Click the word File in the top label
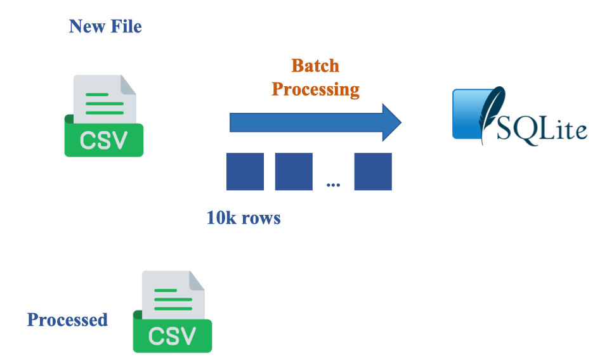pyautogui.click(x=124, y=27)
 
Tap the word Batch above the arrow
pyautogui.click(x=315, y=66)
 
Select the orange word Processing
pyautogui.click(x=315, y=89)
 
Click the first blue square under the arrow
pyautogui.click(x=245, y=171)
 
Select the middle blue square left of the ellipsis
pyautogui.click(x=294, y=171)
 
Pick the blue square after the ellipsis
pyautogui.click(x=372, y=171)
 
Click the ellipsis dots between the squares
pyautogui.click(x=333, y=185)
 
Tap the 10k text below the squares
pyautogui.click(x=220, y=219)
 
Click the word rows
pyautogui.click(x=260, y=219)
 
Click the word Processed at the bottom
pyautogui.click(x=67, y=319)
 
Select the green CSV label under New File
pyautogui.click(x=104, y=140)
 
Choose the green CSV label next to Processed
pyautogui.click(x=173, y=336)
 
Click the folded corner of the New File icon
pyautogui.click(x=127, y=84)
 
